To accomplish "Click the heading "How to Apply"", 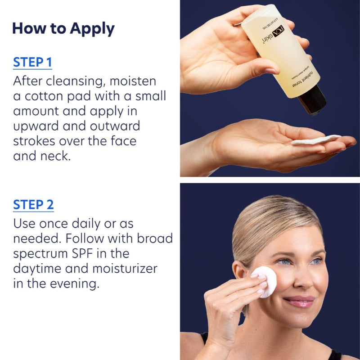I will [x=63, y=28].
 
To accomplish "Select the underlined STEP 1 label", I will [x=32, y=62].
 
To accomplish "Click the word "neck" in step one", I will [x=60, y=156].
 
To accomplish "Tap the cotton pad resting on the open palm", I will [x=315, y=139].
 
